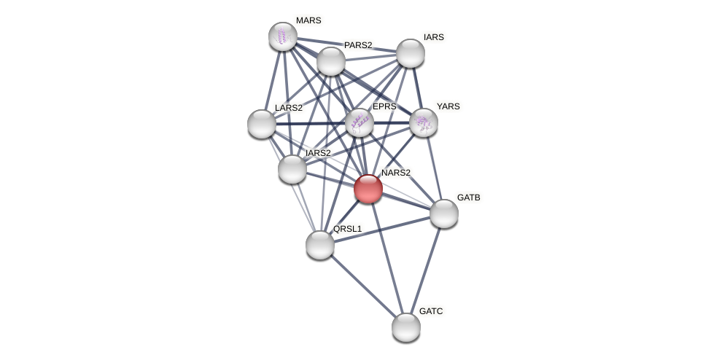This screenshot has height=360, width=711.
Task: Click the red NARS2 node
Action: point(368,189)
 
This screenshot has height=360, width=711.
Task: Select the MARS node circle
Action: point(283,36)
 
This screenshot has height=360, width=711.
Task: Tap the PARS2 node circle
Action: point(331,61)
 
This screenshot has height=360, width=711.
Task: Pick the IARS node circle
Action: point(411,53)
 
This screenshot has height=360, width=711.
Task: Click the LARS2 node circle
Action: point(262,124)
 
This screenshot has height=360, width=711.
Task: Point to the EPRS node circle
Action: point(360,122)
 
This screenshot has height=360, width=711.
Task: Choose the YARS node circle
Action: point(424,122)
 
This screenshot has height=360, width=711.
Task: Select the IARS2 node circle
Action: point(292,169)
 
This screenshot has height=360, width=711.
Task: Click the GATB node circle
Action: point(444,214)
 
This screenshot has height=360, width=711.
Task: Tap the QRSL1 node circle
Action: point(320,245)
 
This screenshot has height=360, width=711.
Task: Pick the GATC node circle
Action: point(406,327)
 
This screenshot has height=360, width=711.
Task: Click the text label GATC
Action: point(431,311)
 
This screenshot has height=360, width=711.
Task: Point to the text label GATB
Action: point(469,197)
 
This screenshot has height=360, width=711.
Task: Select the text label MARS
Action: point(308,20)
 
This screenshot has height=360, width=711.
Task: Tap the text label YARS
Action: point(448,106)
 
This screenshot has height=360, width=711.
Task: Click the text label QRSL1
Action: point(347,229)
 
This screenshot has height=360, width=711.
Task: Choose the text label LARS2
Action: point(288,108)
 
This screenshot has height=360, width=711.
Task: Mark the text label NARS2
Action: point(396,173)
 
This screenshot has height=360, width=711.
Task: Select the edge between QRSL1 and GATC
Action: point(363,286)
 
